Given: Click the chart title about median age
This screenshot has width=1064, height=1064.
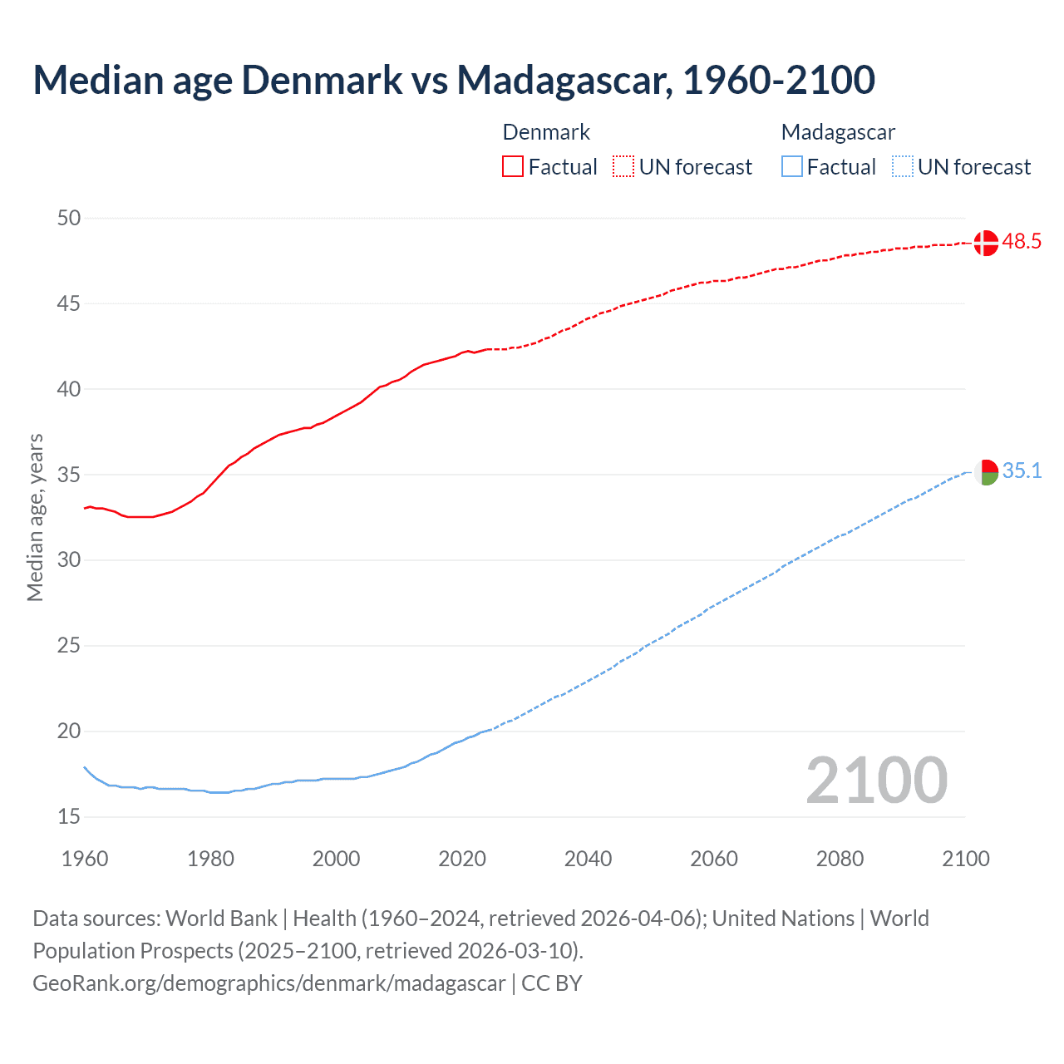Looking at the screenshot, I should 453,80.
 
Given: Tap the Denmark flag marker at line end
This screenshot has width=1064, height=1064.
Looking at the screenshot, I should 986,243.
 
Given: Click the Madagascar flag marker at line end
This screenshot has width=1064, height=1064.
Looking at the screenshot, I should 986,472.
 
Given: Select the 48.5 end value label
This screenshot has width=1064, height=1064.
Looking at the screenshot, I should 1022,242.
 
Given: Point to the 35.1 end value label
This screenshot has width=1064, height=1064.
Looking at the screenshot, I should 1022,471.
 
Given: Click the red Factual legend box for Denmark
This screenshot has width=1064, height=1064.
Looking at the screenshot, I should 513,167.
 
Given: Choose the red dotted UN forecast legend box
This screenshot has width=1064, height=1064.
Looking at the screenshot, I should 623,167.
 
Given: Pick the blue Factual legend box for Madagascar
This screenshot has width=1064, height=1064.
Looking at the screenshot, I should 791,167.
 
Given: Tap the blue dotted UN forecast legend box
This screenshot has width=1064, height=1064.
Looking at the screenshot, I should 902,167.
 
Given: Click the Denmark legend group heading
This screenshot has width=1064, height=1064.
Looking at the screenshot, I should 546,132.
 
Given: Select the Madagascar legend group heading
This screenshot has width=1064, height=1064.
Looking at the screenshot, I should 838,132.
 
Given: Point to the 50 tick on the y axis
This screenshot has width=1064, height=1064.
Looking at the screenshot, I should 69,218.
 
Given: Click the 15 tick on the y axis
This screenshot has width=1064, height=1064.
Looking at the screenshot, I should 69,817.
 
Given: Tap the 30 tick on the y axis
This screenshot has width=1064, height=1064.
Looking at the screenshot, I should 69,560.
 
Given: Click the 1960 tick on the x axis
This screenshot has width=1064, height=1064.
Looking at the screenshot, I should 85,859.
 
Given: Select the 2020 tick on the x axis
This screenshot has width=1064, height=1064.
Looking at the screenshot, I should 462,859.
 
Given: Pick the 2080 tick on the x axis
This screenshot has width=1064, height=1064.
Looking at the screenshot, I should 840,859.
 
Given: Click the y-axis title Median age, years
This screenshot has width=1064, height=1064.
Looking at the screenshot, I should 35,517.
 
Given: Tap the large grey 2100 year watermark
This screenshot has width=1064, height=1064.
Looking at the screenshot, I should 876,781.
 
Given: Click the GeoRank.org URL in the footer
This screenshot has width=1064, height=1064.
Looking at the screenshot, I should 268,983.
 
